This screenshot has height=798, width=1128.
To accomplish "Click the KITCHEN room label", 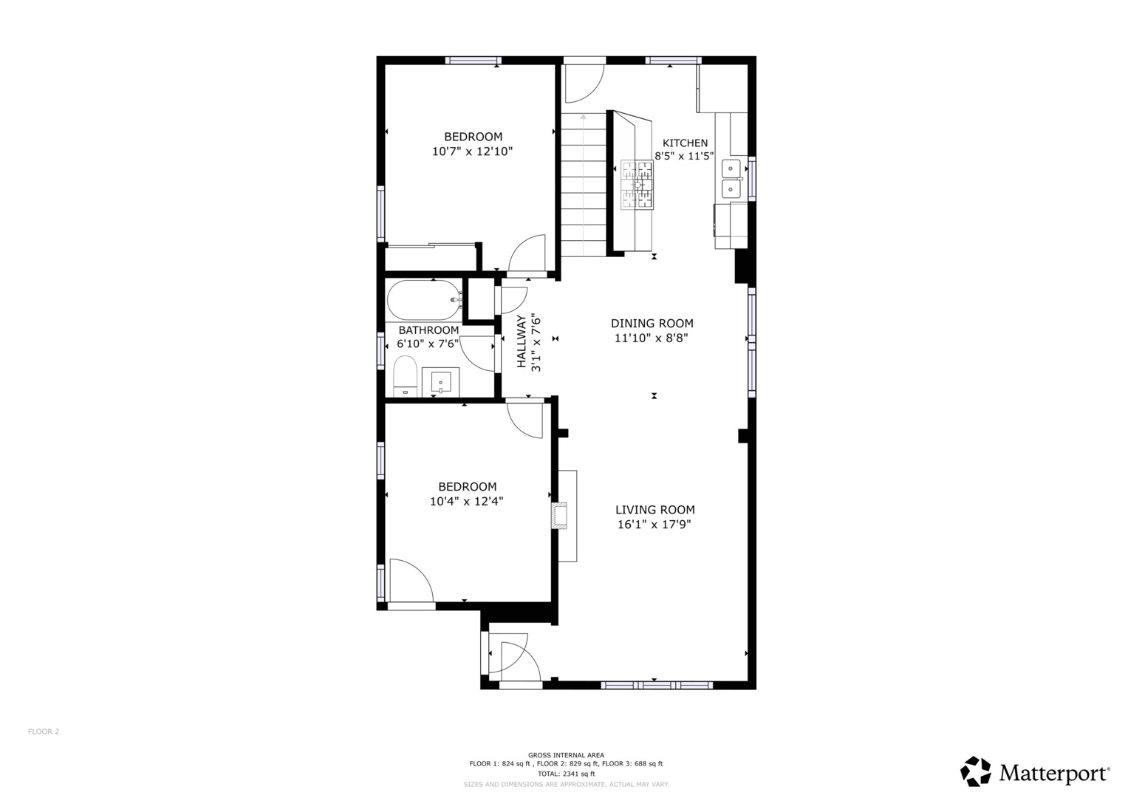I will pyautogui.click(x=685, y=143).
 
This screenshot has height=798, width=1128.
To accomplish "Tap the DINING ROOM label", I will pyautogui.click(x=652, y=324).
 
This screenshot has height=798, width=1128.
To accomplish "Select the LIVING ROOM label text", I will pyautogui.click(x=654, y=510).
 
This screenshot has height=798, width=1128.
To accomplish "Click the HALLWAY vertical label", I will pyautogui.click(x=522, y=342).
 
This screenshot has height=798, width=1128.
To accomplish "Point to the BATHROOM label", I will pyautogui.click(x=428, y=330).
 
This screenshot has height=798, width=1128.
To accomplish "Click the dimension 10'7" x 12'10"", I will pyautogui.click(x=472, y=151).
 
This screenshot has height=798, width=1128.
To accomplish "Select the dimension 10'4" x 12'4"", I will pyautogui.click(x=467, y=501).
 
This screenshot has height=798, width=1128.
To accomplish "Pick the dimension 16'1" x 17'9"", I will pyautogui.click(x=654, y=525).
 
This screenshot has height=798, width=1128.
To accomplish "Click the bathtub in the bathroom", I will pyautogui.click(x=423, y=300).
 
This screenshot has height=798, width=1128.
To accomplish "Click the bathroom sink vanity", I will pyautogui.click(x=440, y=382).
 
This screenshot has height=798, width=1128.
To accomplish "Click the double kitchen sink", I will pyautogui.click(x=731, y=179).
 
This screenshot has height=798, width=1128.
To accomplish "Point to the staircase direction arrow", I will pyautogui.click(x=584, y=116).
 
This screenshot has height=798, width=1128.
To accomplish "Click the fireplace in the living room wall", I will pyautogui.click(x=560, y=514).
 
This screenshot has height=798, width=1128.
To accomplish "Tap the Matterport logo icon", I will pyautogui.click(x=976, y=771).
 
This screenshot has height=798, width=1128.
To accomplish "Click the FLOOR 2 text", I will pyautogui.click(x=44, y=731).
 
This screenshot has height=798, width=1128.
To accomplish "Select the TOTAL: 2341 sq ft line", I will pyautogui.click(x=566, y=774).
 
